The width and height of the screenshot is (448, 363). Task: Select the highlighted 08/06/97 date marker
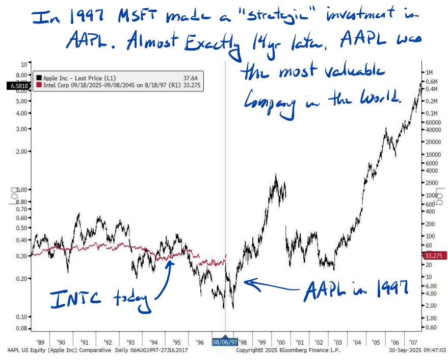(225, 342)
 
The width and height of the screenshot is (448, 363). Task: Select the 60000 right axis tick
(432, 123)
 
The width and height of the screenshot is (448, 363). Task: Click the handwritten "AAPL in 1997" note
(357, 291)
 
